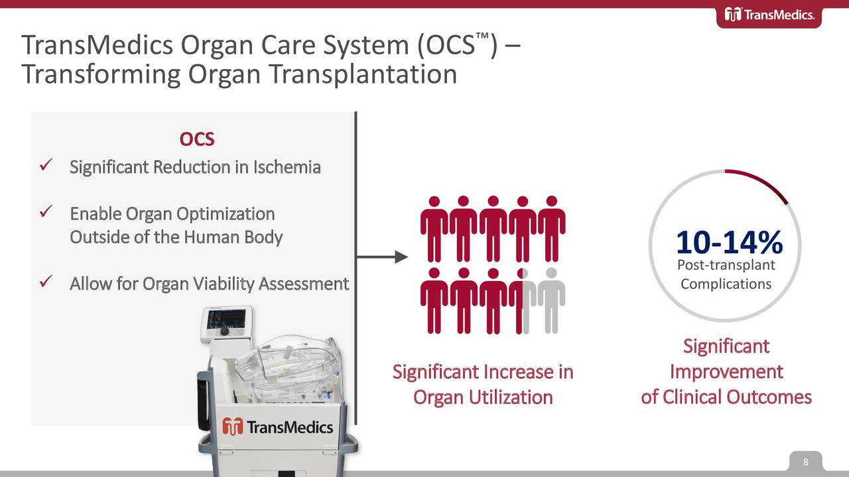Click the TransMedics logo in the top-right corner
tap(769, 15)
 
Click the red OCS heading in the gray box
tap(197, 140)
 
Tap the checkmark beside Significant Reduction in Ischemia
tap(46, 166)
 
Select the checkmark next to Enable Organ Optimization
tap(46, 213)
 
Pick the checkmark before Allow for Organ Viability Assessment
tap(46, 282)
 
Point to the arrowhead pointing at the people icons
tap(401, 257)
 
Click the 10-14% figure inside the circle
tap(728, 242)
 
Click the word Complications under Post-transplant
tap(726, 284)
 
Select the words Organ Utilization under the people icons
tap(483, 397)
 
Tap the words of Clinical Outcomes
tap(726, 397)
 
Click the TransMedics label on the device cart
tap(278, 426)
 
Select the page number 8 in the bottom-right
tap(806, 462)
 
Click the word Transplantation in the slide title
tap(363, 74)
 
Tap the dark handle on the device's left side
tap(202, 397)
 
